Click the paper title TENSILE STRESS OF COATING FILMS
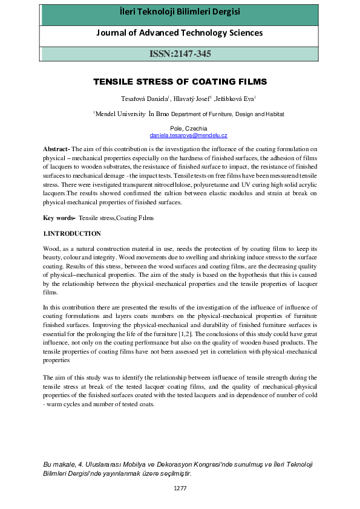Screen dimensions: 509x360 click(180, 82)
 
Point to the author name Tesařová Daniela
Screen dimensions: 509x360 click(139, 99)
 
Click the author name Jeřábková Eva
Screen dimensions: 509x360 click(236, 99)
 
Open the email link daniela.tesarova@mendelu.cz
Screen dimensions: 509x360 click(180, 136)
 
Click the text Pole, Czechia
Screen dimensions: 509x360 click(180, 129)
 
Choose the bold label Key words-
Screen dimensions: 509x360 click(59, 218)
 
